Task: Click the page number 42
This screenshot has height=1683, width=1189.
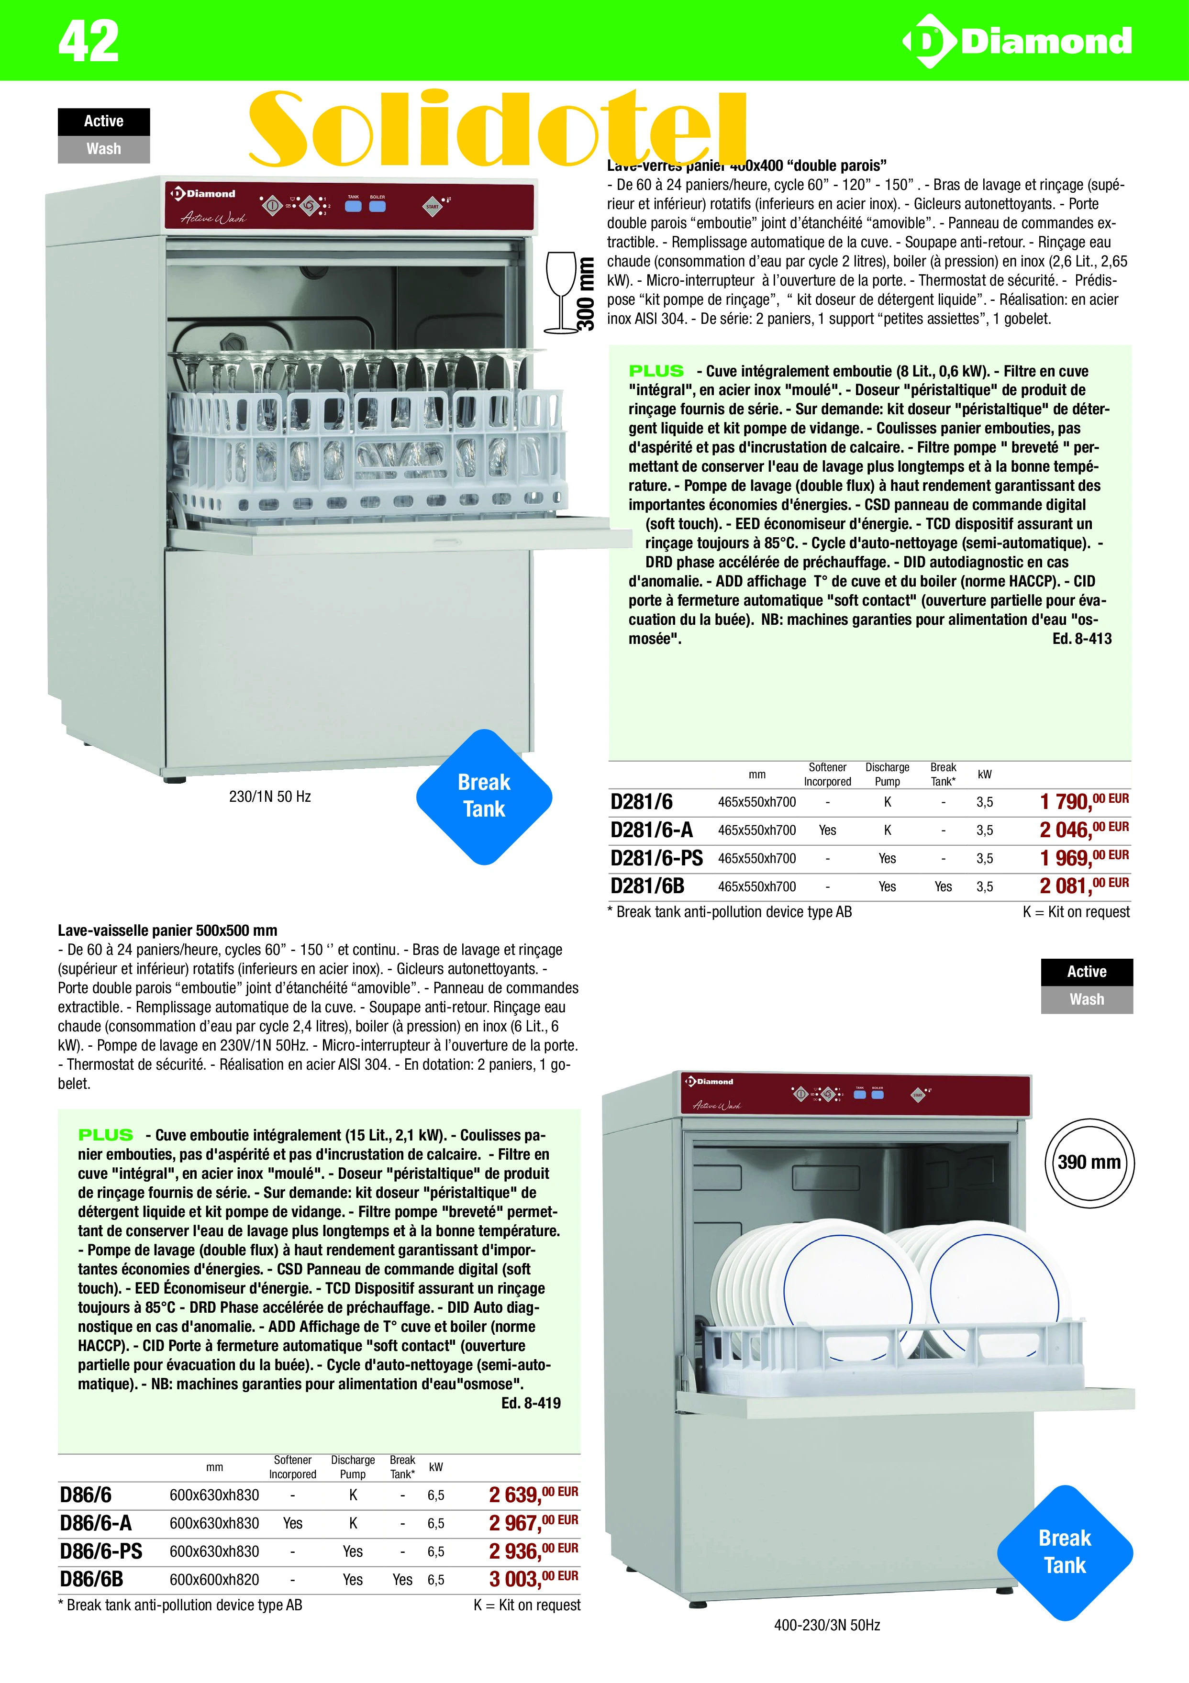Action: (88, 41)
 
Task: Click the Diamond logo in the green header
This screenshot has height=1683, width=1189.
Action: (1017, 41)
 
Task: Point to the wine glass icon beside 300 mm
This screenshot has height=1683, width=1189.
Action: (561, 291)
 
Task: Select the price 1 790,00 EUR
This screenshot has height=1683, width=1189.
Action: (1083, 801)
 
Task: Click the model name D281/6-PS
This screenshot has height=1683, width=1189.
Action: (656, 858)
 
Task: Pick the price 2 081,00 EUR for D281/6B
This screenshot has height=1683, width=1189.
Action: (1083, 886)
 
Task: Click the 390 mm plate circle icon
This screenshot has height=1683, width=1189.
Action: (1089, 1163)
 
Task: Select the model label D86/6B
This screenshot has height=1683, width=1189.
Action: (92, 1579)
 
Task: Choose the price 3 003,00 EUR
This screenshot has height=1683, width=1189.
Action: (533, 1579)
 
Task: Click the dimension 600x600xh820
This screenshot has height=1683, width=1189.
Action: (214, 1580)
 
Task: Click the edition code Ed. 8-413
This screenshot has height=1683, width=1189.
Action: (1081, 639)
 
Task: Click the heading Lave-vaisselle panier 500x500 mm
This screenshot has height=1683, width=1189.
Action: (167, 930)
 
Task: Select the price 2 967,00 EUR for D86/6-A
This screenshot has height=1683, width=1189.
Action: (533, 1523)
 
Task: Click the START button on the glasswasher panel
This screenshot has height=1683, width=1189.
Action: (433, 206)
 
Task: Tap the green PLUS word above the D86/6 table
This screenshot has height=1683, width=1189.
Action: (106, 1135)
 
